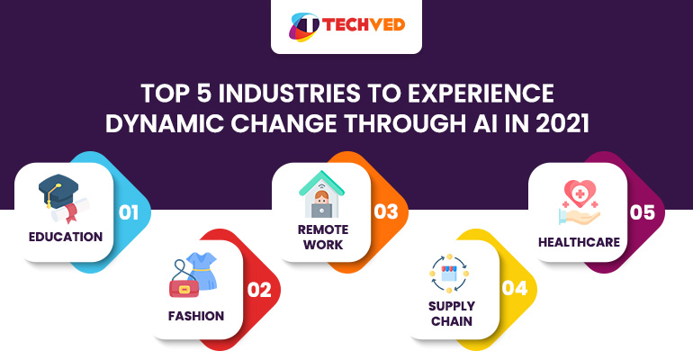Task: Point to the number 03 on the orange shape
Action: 386,212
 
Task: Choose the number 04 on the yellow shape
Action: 514,290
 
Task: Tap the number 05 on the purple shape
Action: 643,213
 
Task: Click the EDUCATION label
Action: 65,238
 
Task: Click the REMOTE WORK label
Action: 321,237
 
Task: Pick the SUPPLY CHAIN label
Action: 450,314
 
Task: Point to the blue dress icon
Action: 202,270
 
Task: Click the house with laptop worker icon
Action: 322,192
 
